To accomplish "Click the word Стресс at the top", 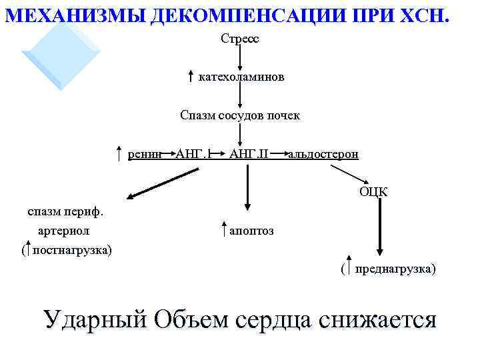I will (x=240, y=39).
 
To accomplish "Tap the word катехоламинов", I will (x=241, y=77).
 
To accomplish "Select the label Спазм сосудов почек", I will (x=240, y=115).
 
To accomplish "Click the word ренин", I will (x=145, y=155).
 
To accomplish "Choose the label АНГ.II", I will (x=248, y=155).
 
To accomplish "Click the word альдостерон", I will (x=323, y=155).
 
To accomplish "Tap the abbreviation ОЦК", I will (x=373, y=193).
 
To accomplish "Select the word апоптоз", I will (x=251, y=231).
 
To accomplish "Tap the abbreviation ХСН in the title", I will (x=425, y=13).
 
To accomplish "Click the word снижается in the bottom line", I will (x=377, y=319).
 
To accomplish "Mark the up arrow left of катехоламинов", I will (x=191, y=77).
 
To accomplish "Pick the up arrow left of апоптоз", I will (x=223, y=231).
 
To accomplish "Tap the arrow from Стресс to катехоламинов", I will (x=240, y=58).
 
